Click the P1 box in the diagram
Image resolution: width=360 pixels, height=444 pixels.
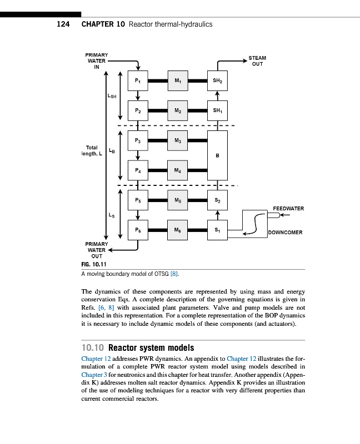click(x=138, y=81)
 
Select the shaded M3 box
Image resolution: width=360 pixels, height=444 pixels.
click(x=178, y=142)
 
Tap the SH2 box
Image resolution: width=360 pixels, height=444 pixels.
click(x=217, y=81)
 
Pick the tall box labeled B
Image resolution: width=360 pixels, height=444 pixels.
click(x=217, y=155)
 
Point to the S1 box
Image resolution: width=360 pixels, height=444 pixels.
click(x=217, y=229)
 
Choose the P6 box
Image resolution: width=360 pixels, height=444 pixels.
click(x=138, y=229)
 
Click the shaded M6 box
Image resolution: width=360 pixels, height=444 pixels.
click(x=178, y=229)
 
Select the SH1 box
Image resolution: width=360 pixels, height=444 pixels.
click(x=217, y=110)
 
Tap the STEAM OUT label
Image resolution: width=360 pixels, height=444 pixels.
click(x=257, y=60)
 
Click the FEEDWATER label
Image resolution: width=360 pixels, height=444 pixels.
click(x=288, y=208)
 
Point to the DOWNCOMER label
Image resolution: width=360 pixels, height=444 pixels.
click(x=285, y=233)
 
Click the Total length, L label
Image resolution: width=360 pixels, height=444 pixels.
click(x=92, y=150)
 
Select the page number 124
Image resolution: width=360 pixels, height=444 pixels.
click(x=63, y=24)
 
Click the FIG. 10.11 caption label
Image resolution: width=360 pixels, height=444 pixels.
click(x=93, y=265)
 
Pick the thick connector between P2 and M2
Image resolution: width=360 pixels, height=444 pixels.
click(x=158, y=110)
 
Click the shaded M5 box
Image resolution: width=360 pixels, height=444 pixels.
click(x=178, y=200)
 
